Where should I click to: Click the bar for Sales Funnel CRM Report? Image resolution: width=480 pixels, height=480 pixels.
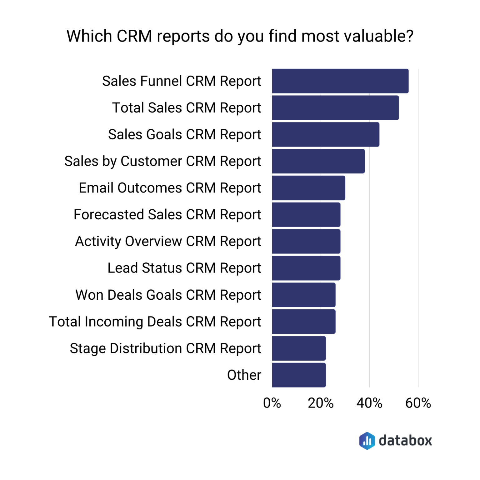pyautogui.click(x=340, y=81)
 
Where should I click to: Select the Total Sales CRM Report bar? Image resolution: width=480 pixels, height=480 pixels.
pyautogui.click(x=335, y=108)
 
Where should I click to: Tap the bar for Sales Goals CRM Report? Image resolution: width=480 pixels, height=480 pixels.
pyautogui.click(x=325, y=134)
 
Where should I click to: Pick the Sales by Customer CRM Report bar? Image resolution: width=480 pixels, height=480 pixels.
pyautogui.click(x=318, y=161)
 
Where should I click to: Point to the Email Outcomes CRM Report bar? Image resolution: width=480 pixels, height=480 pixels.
pyautogui.click(x=308, y=188)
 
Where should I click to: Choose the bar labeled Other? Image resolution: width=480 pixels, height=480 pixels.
pyautogui.click(x=299, y=375)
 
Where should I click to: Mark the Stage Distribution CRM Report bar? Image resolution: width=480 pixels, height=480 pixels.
pyautogui.click(x=299, y=348)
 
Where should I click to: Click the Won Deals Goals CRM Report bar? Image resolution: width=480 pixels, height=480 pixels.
pyautogui.click(x=303, y=295)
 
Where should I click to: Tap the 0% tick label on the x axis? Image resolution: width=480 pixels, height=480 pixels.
pyautogui.click(x=272, y=403)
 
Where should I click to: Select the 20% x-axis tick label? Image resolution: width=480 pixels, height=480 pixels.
pyautogui.click(x=321, y=403)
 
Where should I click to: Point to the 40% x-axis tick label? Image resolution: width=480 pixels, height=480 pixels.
pyautogui.click(x=369, y=403)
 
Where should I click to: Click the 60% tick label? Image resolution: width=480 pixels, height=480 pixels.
pyautogui.click(x=418, y=403)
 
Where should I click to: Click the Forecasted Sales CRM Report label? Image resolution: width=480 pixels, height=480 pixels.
pyautogui.click(x=167, y=215)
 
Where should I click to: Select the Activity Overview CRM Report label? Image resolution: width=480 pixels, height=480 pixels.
pyautogui.click(x=168, y=242)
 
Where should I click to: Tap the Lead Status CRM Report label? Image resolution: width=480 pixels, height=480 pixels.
pyautogui.click(x=184, y=268)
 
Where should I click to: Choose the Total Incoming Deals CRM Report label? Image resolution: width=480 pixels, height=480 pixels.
pyautogui.click(x=155, y=322)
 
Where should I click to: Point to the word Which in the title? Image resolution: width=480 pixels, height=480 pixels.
pyautogui.click(x=89, y=36)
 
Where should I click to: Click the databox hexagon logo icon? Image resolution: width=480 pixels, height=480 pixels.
pyautogui.click(x=367, y=441)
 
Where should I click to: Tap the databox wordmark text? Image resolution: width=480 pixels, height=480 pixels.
pyautogui.click(x=405, y=441)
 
